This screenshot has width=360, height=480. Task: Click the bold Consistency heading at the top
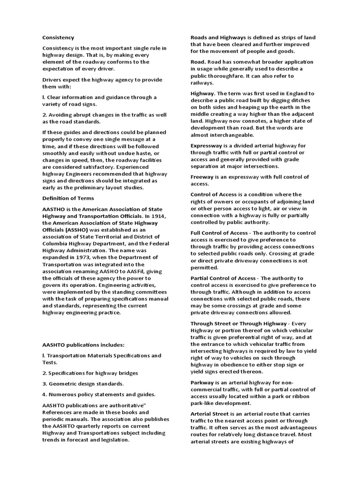pyautogui.click(x=59, y=37)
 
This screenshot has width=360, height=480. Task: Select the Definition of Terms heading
pyautogui.click(x=68, y=198)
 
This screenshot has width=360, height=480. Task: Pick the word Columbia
pyautogui.click(x=56, y=244)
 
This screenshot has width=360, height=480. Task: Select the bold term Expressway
pyautogui.click(x=209, y=146)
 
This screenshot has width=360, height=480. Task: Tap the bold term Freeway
pyautogui.click(x=203, y=177)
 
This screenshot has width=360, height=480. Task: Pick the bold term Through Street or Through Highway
pyautogui.click(x=238, y=323)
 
